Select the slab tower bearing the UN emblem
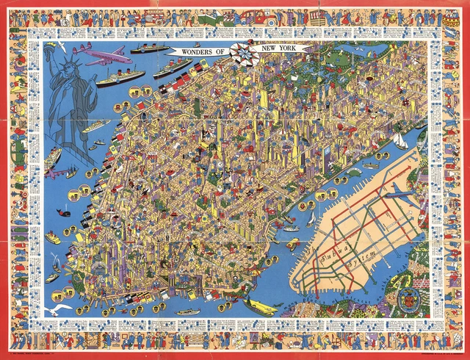click(324, 158)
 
